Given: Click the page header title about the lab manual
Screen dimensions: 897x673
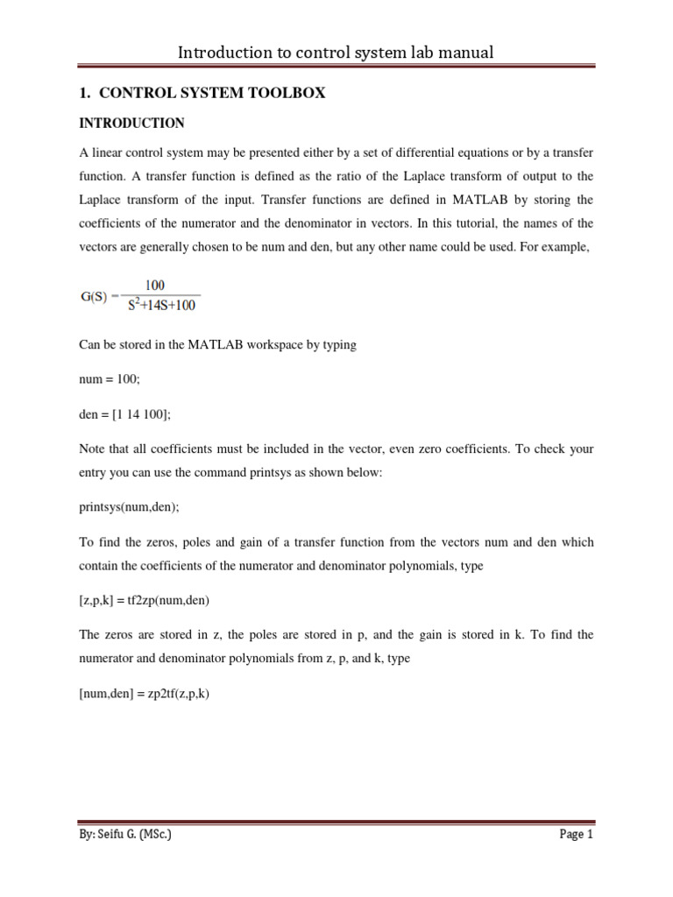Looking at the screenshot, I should [336, 53].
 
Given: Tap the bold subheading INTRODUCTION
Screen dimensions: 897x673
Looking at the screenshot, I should [131, 123].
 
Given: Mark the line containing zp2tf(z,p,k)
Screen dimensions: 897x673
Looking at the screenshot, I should [144, 694].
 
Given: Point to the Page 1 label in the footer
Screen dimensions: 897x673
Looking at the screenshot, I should [577, 835].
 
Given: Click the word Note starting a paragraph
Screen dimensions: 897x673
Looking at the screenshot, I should [93, 448].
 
